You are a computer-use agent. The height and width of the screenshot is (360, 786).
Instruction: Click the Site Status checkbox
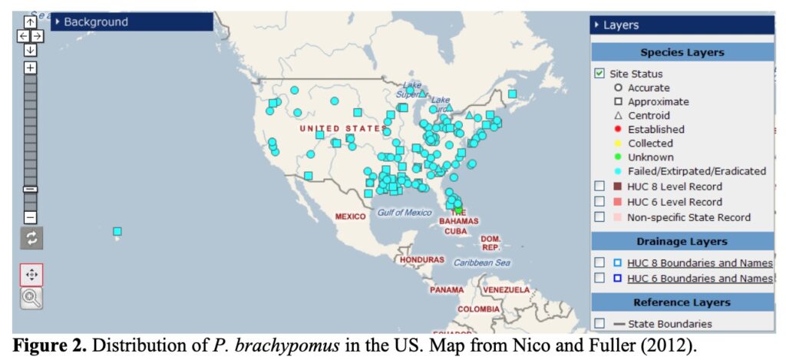[x=599, y=74]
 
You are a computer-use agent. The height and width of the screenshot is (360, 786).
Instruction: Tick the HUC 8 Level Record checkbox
[x=599, y=187]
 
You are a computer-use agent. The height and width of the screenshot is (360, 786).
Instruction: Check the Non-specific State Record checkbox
[x=599, y=217]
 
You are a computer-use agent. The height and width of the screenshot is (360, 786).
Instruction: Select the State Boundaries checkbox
[x=599, y=324]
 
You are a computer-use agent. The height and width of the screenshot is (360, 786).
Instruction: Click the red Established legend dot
[x=618, y=130]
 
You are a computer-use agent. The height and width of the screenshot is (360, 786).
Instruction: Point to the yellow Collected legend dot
[x=618, y=144]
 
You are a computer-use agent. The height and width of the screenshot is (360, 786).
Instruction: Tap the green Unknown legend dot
[x=618, y=157]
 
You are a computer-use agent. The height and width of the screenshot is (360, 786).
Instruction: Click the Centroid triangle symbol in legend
[x=618, y=116]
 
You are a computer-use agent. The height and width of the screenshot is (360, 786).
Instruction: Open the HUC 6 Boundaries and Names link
[x=699, y=279]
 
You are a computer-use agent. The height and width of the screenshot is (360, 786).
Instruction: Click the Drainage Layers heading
[x=682, y=241]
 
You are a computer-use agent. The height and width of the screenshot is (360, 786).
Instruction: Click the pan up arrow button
[x=30, y=22]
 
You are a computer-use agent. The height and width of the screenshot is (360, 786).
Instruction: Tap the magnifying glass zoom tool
[x=31, y=299]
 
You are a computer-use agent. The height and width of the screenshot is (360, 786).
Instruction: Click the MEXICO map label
[x=350, y=216]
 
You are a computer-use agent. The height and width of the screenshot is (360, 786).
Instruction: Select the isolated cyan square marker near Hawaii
[x=117, y=232]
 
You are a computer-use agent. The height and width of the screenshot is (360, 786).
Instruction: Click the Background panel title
[x=96, y=22]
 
